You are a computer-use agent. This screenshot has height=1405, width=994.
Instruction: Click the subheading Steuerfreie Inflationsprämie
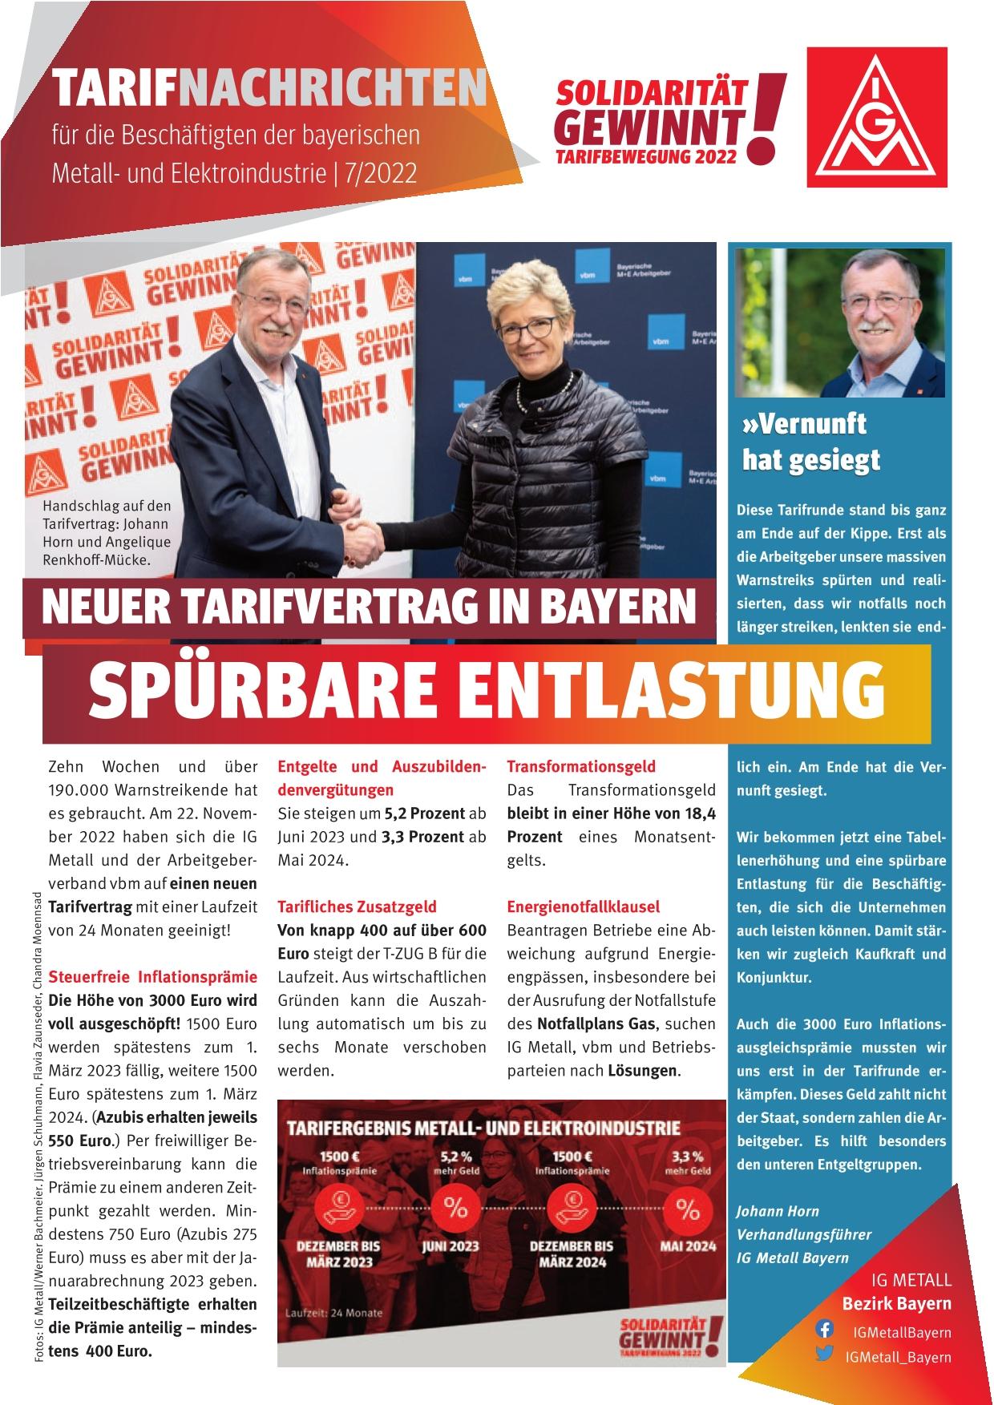153,977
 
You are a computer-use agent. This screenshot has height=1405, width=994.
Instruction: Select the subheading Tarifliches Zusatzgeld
357,906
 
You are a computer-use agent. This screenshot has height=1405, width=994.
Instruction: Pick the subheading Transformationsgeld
581,767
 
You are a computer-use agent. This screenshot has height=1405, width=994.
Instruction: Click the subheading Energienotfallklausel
583,906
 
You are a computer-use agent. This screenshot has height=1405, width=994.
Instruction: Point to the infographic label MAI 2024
687,1246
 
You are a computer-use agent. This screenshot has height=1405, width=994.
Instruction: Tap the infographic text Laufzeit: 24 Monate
334,1313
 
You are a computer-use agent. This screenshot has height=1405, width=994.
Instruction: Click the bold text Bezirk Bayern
896,1303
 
